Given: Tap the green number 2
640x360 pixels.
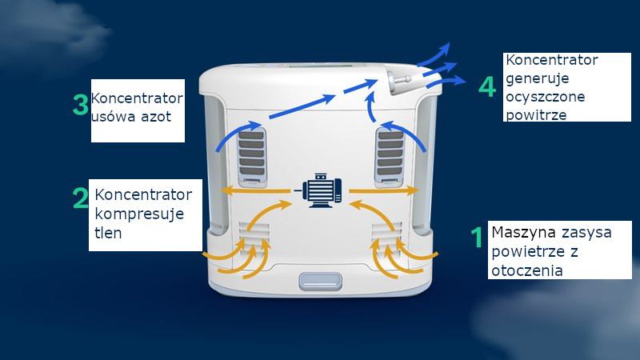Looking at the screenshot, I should [x=80, y=198].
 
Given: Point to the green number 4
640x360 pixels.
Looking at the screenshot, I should [x=487, y=86].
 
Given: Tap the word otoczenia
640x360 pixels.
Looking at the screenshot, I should [x=529, y=270].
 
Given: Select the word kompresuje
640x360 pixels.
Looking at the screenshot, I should [x=139, y=214].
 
